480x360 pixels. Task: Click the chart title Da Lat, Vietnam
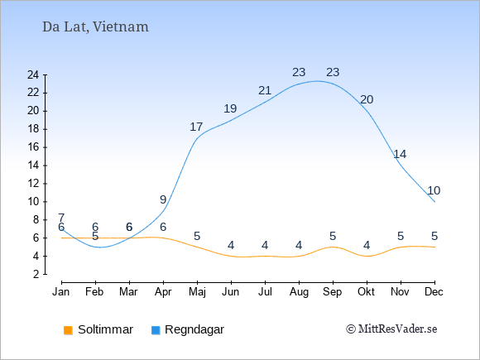click(95, 27)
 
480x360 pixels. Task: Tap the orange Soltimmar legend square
click(68, 330)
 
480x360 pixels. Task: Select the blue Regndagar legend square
click(156, 330)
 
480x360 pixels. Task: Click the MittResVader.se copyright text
click(391, 329)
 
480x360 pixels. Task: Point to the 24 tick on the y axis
click(33, 74)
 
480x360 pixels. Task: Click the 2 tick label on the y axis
click(36, 274)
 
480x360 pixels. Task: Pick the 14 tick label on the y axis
click(33, 166)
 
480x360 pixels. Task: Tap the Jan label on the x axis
click(61, 292)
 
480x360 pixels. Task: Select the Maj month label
click(197, 292)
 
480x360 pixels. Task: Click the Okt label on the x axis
click(366, 292)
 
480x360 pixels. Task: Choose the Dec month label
click(434, 292)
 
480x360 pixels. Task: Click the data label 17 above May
click(196, 127)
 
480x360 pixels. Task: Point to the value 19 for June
click(230, 108)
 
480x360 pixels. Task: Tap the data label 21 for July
click(265, 90)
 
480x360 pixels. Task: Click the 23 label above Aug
click(299, 73)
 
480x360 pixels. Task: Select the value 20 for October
click(367, 100)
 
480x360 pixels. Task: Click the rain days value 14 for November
click(400, 154)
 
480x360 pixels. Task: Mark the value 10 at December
click(434, 190)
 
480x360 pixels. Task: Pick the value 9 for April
click(163, 200)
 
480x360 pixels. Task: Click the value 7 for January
click(61, 218)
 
